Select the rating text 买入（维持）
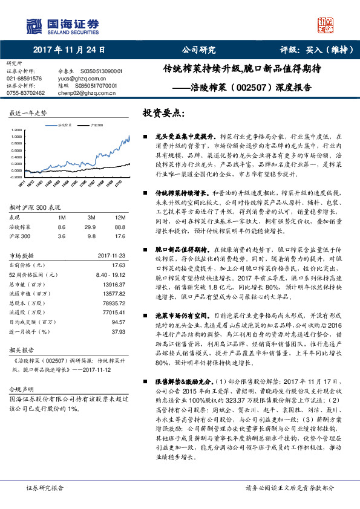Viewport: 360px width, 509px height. point(322,50)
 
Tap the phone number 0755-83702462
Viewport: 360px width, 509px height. point(26,93)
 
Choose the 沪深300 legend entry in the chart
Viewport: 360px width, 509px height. point(95,125)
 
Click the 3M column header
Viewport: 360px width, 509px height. point(92,216)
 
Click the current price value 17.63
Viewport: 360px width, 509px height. point(118,265)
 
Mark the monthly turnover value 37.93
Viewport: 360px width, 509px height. point(118,331)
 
